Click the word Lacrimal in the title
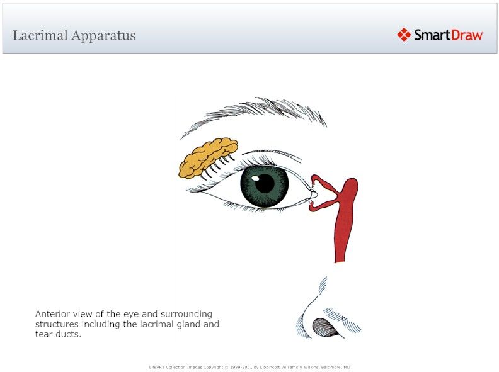click(x=40, y=35)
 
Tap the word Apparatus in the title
click(x=103, y=35)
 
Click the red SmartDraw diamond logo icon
click(x=404, y=35)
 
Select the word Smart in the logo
click(x=432, y=35)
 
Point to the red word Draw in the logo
click(x=467, y=35)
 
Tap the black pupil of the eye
click(x=265, y=183)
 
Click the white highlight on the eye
click(x=256, y=177)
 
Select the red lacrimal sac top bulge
click(x=349, y=186)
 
